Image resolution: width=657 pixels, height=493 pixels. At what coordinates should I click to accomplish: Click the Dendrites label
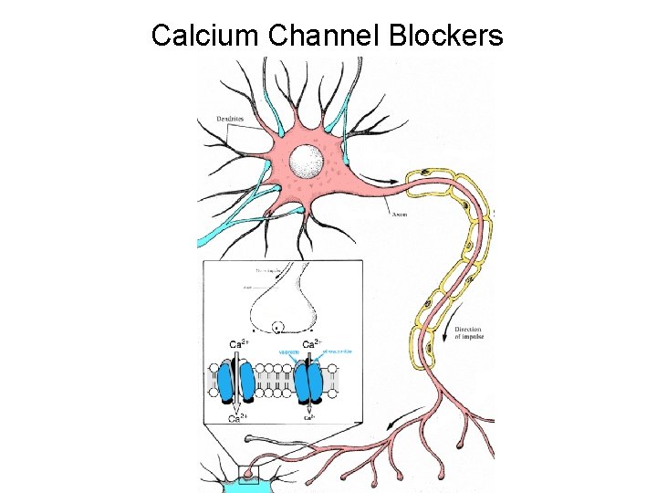pyautogui.click(x=231, y=118)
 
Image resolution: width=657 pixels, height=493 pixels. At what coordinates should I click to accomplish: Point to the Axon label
pyautogui.click(x=399, y=215)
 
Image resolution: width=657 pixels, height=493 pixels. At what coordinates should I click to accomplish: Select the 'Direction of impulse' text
pyautogui.click(x=469, y=333)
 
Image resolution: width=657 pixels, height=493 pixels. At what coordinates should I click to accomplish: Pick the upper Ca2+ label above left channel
pyautogui.click(x=236, y=344)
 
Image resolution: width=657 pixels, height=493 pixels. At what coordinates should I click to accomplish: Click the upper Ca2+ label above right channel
pyautogui.click(x=310, y=344)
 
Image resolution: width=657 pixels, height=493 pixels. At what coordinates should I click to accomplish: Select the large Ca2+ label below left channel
pyautogui.click(x=235, y=420)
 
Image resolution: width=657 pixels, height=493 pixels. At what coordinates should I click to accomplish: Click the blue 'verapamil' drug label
pyautogui.click(x=288, y=351)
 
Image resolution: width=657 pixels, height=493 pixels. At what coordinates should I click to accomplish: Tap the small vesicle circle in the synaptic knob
pyautogui.click(x=278, y=327)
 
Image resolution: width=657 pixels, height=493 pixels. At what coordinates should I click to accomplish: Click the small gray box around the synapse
pyautogui.click(x=248, y=474)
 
